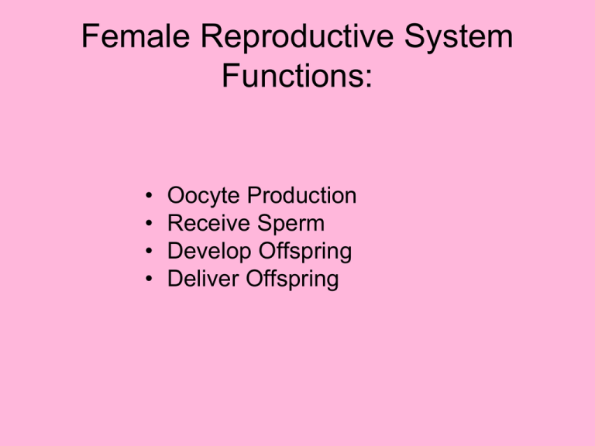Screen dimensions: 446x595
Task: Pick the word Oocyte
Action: pyautogui.click(x=198, y=197)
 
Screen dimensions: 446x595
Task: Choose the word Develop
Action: pyautogui.click(x=204, y=252)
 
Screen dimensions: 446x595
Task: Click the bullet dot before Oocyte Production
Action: pyautogui.click(x=149, y=197)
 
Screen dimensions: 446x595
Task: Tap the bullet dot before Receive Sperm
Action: pyautogui.click(x=149, y=225)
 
